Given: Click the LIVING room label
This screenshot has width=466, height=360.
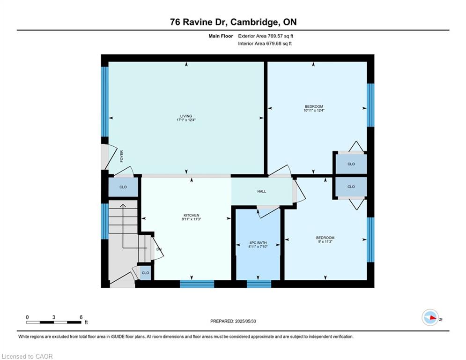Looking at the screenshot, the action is (x=186, y=116).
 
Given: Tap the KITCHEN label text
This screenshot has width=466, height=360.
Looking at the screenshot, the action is (x=192, y=215).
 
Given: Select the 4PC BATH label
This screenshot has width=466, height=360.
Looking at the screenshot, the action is (x=258, y=243).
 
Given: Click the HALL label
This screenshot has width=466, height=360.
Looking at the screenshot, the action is (x=261, y=191).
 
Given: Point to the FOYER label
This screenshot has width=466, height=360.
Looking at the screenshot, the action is (x=122, y=156).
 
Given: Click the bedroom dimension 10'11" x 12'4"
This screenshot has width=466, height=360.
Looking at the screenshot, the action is (x=314, y=110).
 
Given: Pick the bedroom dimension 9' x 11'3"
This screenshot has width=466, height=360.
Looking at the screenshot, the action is (x=325, y=241).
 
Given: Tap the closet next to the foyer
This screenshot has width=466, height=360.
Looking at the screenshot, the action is (x=123, y=187).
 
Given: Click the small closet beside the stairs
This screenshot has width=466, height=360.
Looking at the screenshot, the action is (x=145, y=273).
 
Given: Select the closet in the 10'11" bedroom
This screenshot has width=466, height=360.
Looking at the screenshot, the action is (x=351, y=164).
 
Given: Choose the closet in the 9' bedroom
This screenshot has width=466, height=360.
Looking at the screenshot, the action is (x=351, y=187).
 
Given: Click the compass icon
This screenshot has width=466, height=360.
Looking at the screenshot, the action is (x=430, y=317).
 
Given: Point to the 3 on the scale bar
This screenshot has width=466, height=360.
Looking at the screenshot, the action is (x=54, y=317).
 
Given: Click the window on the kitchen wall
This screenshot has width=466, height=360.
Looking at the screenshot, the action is (x=197, y=284).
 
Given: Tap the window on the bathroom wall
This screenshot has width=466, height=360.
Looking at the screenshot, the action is (x=259, y=284).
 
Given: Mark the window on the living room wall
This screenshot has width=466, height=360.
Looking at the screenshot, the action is (x=105, y=101).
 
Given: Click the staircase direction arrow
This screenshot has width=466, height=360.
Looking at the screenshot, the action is (x=123, y=226).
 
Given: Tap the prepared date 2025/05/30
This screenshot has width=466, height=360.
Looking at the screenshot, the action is (x=245, y=321).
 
